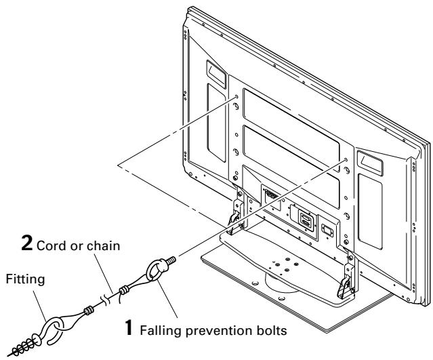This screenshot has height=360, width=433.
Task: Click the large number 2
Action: [x=27, y=243]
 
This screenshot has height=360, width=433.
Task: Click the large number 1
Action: [x=129, y=327]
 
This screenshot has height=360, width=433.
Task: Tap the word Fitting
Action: [x=25, y=279]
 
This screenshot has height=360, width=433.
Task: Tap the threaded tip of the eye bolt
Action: [x=171, y=260]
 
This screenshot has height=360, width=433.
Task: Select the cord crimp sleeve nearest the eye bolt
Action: [x=124, y=290]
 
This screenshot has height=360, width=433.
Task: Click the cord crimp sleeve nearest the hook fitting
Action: [x=89, y=311]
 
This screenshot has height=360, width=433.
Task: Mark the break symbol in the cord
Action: [x=106, y=300]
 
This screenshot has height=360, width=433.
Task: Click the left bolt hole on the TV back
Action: [x=236, y=97]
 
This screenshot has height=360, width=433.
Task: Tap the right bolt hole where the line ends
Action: [x=346, y=160]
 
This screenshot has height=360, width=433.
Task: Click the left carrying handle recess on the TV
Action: [x=216, y=73]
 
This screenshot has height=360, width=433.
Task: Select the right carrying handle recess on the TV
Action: [x=370, y=163]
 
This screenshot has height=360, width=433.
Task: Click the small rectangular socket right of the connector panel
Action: [x=327, y=231]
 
